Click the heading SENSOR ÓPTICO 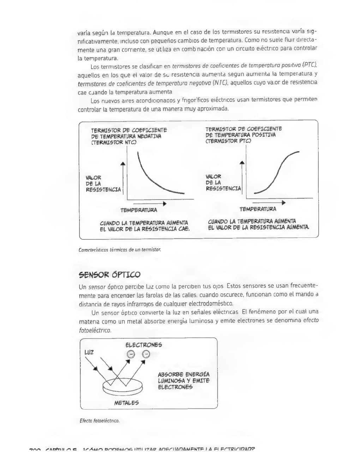click(x=109, y=275)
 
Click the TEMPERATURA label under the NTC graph click(x=139, y=210)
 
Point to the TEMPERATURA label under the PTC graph click(x=258, y=209)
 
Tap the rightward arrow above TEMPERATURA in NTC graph click(x=150, y=204)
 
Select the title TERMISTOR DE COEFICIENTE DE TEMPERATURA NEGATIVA click(x=129, y=136)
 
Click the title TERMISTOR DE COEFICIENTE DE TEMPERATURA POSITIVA click(x=244, y=135)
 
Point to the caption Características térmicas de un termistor click(x=120, y=250)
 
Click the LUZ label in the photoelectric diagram click(x=89, y=352)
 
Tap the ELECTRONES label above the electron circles click(x=144, y=345)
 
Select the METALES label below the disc click(x=126, y=403)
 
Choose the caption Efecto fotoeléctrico click(x=100, y=421)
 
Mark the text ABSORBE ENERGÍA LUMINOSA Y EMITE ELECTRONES click(x=184, y=381)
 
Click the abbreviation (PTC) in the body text click(x=310, y=65)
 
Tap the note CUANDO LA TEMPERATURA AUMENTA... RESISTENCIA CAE click(x=145, y=226)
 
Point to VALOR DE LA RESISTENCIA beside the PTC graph click(x=223, y=183)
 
